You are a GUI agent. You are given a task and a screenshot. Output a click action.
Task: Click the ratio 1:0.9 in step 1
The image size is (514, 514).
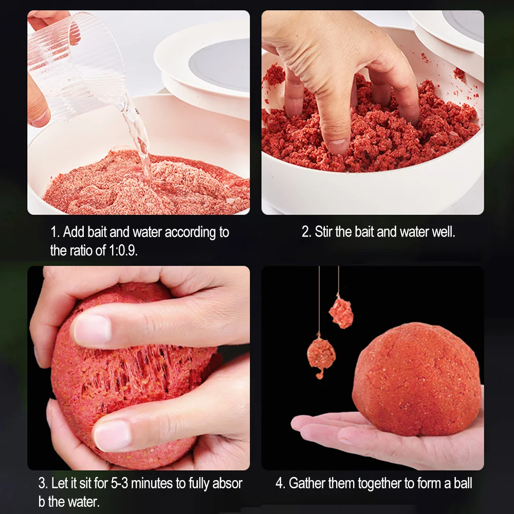122,251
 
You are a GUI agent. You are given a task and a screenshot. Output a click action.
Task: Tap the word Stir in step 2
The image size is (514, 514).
323,232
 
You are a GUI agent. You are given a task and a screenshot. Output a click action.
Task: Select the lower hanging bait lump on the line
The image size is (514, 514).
321,355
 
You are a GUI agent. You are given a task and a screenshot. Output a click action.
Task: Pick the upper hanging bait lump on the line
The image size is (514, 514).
341,312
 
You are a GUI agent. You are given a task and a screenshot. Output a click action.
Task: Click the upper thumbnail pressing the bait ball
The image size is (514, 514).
93,329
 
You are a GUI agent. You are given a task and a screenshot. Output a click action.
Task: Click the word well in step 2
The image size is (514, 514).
444,232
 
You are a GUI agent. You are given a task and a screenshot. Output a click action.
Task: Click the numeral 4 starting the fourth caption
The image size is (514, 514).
279,484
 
